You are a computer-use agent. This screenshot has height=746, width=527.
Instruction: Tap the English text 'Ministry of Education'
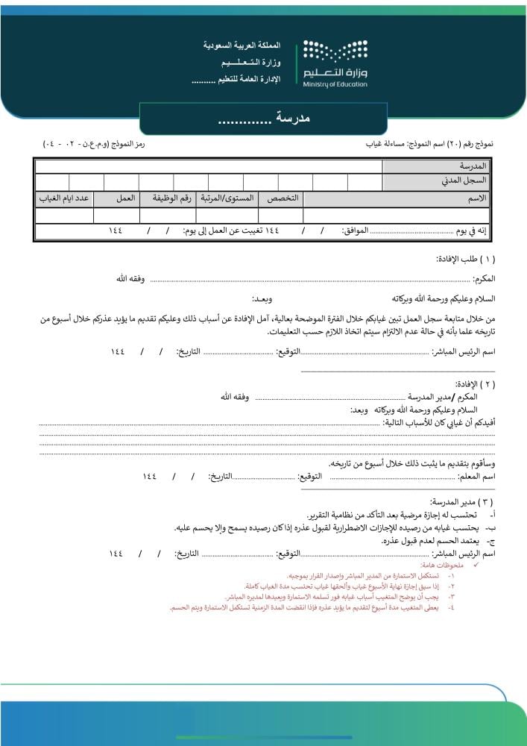[335, 84]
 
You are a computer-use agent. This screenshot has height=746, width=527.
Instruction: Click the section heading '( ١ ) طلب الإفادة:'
[467, 259]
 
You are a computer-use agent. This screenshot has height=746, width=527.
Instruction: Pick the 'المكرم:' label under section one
[484, 279]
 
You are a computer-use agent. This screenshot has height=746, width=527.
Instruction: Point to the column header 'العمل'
[125, 198]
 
